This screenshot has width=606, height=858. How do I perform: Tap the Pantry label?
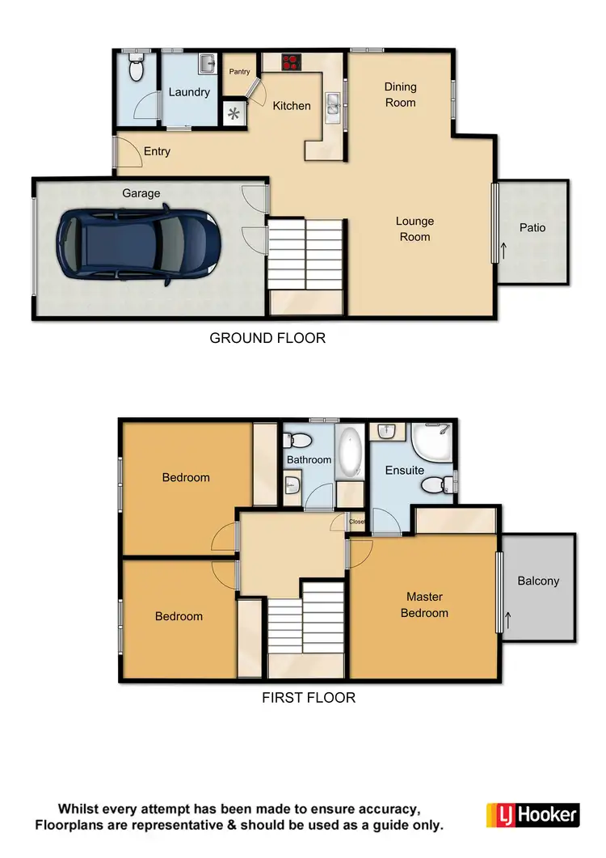click(240, 72)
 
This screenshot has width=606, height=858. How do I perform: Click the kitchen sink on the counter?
click(334, 103)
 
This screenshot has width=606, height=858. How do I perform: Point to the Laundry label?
click(189, 92)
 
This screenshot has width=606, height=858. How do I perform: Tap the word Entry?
click(157, 151)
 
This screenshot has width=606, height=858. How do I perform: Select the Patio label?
click(532, 228)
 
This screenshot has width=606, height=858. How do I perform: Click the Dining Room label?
click(400, 95)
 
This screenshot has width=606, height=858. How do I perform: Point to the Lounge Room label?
click(415, 229)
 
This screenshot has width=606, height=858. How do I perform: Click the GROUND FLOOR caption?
click(267, 338)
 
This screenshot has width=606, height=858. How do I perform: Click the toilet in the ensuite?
click(432, 484)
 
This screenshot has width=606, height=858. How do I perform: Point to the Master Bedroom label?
click(424, 605)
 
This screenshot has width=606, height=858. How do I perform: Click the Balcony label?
click(538, 581)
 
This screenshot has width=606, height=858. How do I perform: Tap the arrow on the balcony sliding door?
click(507, 620)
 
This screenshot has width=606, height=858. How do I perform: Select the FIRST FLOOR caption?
click(309, 697)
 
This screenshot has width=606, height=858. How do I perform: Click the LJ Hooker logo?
click(532, 814)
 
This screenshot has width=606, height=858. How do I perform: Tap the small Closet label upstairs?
click(357, 522)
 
